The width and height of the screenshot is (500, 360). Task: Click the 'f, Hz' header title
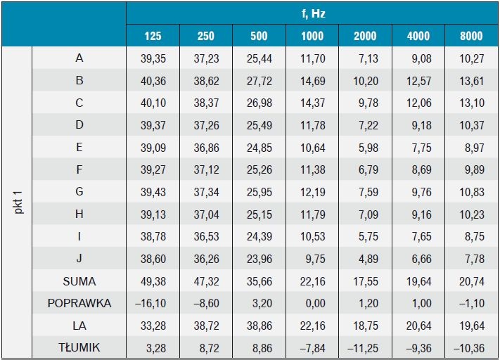click(313, 13)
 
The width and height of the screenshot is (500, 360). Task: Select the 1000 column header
click(312, 36)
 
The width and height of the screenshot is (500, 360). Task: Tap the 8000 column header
click(471, 36)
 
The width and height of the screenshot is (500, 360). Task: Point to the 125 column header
click(153, 36)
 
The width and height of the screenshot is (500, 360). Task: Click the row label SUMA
click(79, 281)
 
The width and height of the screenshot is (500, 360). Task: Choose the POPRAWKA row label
click(79, 303)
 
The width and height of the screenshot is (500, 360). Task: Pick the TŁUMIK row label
click(79, 347)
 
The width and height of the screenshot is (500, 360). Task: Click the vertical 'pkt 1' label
click(18, 202)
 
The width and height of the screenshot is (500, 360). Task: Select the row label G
click(79, 192)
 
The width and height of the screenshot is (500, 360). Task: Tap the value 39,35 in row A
click(153, 58)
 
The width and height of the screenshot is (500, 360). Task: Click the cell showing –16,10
click(150, 303)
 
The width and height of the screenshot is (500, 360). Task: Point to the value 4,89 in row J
click(368, 259)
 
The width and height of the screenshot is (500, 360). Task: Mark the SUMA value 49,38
click(153, 281)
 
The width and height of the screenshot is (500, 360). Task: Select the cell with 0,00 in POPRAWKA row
click(315, 303)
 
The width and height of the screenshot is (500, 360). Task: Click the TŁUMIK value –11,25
click(363, 348)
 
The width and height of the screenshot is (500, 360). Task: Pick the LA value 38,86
click(259, 326)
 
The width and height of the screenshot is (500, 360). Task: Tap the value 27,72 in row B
click(259, 81)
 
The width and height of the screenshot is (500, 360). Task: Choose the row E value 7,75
click(421, 148)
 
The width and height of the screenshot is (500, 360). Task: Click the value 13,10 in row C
click(472, 103)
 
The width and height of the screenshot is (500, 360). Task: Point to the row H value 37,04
click(206, 214)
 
